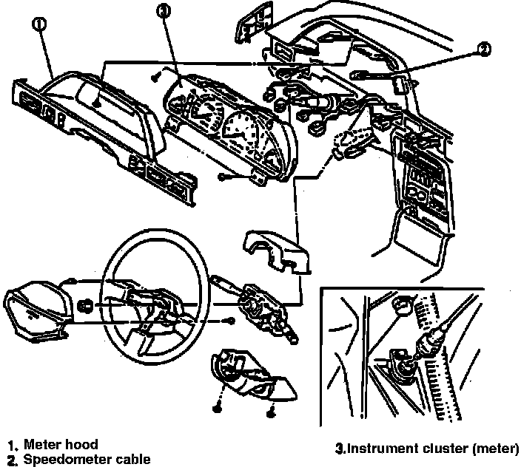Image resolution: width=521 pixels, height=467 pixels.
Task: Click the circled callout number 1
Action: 39,24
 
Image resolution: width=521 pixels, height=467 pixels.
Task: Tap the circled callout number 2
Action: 483,50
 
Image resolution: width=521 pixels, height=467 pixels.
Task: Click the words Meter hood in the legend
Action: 61,445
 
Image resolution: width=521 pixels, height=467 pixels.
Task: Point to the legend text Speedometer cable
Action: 87,459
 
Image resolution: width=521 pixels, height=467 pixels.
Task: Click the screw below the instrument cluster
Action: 223,177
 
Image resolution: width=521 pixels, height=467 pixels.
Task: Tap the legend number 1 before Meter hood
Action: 13,446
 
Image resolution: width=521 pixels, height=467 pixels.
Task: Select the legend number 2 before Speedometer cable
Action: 13,460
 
